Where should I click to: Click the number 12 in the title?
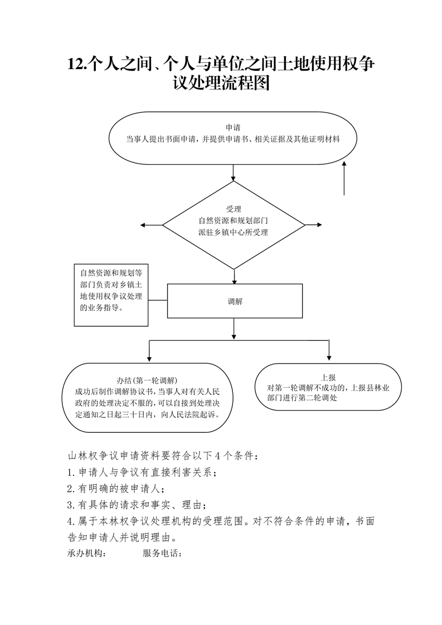pos(76,64)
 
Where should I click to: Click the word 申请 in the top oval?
pos(233,128)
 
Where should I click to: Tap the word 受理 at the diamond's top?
pos(234,209)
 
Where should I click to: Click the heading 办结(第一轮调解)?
pos(147,380)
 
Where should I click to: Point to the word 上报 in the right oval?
pos(328,378)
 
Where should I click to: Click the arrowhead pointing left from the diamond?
pos(143,225)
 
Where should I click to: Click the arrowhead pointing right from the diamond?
pos(319,225)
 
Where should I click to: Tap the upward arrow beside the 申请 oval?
pos(344,178)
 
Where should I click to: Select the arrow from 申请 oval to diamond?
pos(234,173)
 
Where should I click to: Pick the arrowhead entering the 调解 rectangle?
pos(235,281)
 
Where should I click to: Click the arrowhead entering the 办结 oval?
pos(149,358)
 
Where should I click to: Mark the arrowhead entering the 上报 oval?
pos(329,358)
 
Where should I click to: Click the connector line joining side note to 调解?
pos(158,300)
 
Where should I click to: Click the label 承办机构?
pos(86,553)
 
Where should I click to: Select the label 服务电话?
pos(162,553)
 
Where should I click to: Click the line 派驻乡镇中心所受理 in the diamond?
pos(233,232)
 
